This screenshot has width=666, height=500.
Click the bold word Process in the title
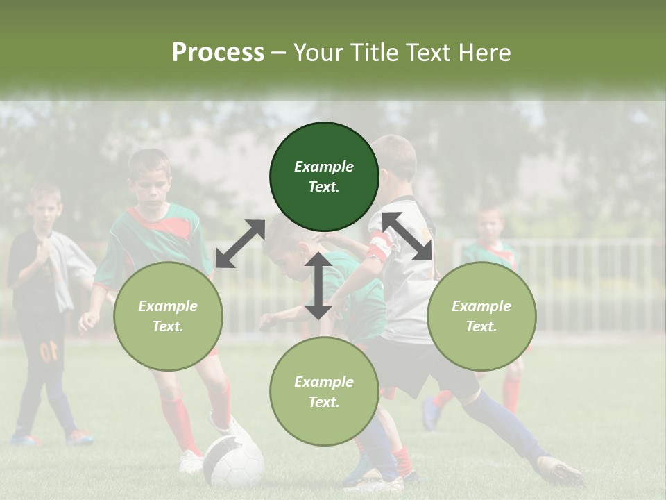click(x=218, y=53)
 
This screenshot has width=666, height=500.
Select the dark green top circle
click(x=324, y=176)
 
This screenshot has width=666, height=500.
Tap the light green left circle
click(x=168, y=316)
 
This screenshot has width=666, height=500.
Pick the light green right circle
click(x=481, y=316)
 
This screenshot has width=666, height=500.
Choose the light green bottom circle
click(x=324, y=391)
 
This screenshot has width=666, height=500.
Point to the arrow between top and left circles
click(x=240, y=243)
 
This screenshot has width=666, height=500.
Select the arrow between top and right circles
click(x=407, y=236)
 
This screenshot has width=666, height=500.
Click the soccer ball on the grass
click(x=233, y=462)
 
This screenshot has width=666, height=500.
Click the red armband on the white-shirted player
click(x=379, y=247)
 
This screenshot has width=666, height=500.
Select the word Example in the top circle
click(x=324, y=167)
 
